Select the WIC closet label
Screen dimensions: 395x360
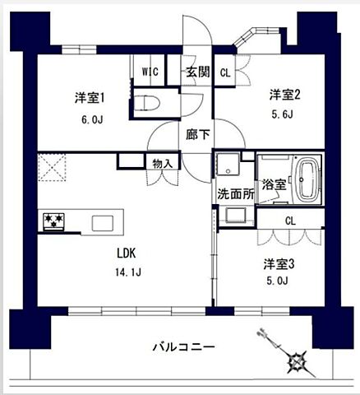[x=150, y=72]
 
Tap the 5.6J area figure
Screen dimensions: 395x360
[x=282, y=115]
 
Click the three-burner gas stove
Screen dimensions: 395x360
[x=54, y=221]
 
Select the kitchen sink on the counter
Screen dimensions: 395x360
[x=103, y=223]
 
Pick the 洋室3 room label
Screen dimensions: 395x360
[x=279, y=264]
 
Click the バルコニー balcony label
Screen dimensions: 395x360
[x=183, y=347]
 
